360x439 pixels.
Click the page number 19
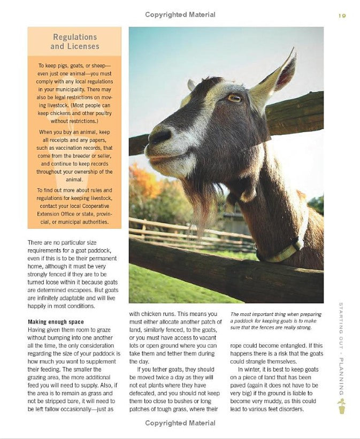[x=342, y=16]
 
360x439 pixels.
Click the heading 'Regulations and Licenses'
[x=75, y=41]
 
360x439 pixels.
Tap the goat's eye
[x=234, y=98]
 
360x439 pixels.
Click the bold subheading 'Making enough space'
[x=56, y=322]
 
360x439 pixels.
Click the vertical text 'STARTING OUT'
[x=341, y=328]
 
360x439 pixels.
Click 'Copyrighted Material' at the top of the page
[x=180, y=15]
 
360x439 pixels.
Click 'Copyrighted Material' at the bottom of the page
[x=180, y=423]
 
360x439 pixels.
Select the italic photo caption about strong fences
[x=276, y=321]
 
